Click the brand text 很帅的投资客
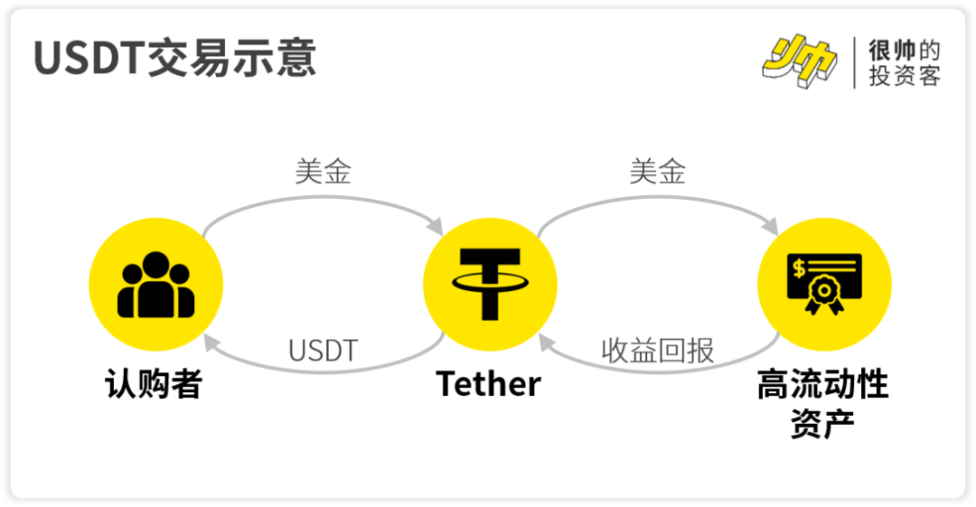point(904,63)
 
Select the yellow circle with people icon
point(155,286)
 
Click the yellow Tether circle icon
point(490,286)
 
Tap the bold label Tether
point(489,384)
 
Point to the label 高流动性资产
point(822,403)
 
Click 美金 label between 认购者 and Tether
point(323,172)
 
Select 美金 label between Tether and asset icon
point(657,172)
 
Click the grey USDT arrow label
point(323,351)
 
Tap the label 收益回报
point(657,351)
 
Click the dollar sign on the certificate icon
point(798,268)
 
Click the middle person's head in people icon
point(155,265)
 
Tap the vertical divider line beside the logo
point(855,63)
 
